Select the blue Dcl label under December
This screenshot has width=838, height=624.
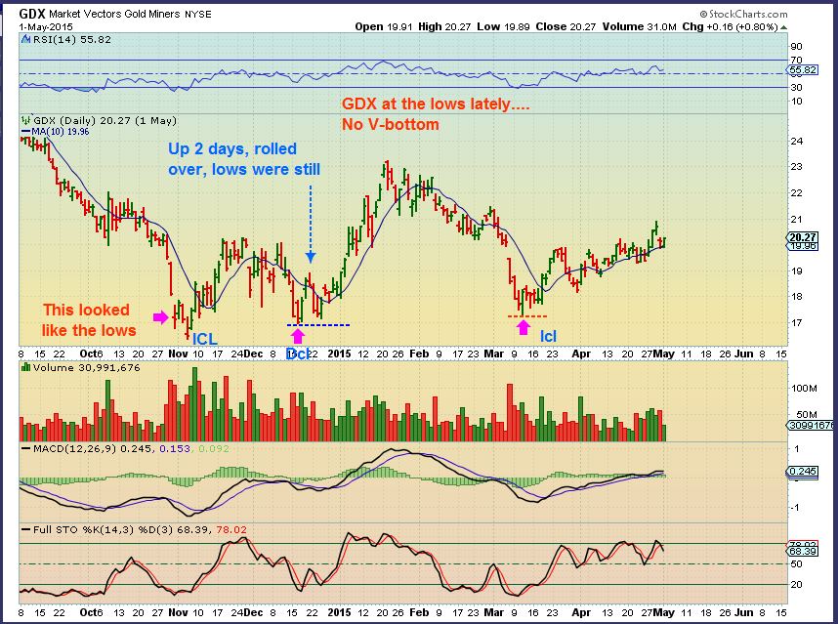pos(298,353)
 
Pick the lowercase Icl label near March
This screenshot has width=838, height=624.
pos(549,337)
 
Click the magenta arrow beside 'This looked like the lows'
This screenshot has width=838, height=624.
pos(160,316)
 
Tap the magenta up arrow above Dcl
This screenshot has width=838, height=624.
pos(297,337)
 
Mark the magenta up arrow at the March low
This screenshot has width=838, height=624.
pos(524,329)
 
